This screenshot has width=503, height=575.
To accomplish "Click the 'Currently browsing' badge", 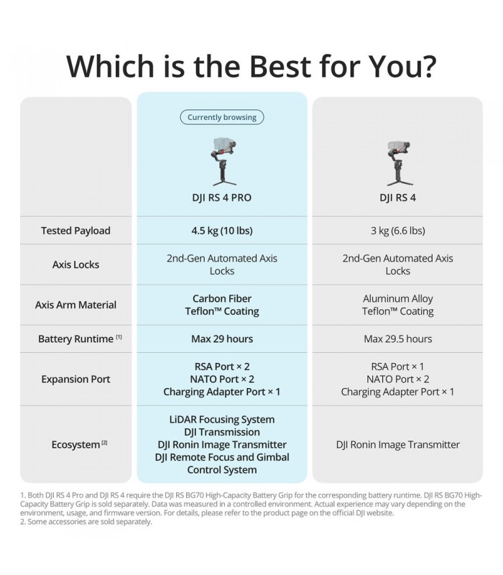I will (222, 117).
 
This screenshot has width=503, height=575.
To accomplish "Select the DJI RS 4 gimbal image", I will (397, 162).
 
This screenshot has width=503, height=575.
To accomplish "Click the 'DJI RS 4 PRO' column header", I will (221, 197).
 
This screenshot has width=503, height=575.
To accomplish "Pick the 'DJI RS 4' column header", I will (397, 197).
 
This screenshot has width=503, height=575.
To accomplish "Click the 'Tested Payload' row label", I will (75, 231).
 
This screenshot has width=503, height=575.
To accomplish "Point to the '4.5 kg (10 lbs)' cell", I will (221, 231).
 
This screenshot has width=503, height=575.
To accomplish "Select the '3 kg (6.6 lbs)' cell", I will (397, 231).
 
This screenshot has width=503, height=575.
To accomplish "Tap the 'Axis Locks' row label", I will (75, 264).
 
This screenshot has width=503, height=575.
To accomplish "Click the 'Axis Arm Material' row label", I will (75, 305).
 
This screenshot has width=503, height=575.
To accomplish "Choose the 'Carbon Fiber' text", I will (221, 298).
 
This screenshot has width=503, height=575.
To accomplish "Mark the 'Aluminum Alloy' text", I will (397, 298).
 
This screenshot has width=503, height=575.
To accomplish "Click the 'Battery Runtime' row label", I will (75, 339).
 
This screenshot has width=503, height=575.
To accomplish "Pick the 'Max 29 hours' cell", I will (221, 339).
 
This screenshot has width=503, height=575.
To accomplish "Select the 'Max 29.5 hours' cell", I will (397, 339).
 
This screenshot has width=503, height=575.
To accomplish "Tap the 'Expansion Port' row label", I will (75, 379).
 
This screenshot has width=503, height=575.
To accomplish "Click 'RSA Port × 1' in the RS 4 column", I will (397, 367).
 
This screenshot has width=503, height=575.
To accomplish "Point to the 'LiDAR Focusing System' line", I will (221, 419).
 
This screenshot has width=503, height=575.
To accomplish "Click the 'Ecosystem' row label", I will (75, 445).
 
